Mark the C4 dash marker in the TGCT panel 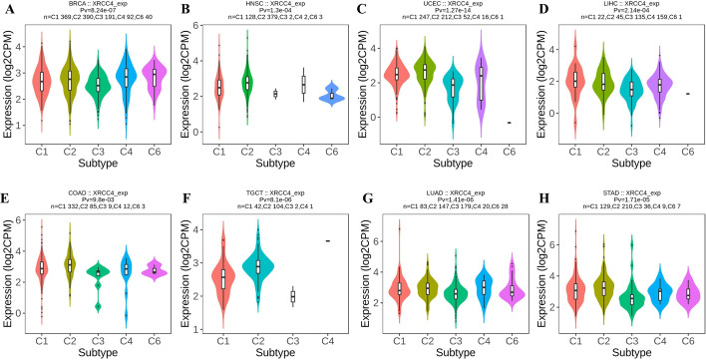[328, 241]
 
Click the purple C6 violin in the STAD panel [687, 293]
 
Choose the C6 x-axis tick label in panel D [688, 153]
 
